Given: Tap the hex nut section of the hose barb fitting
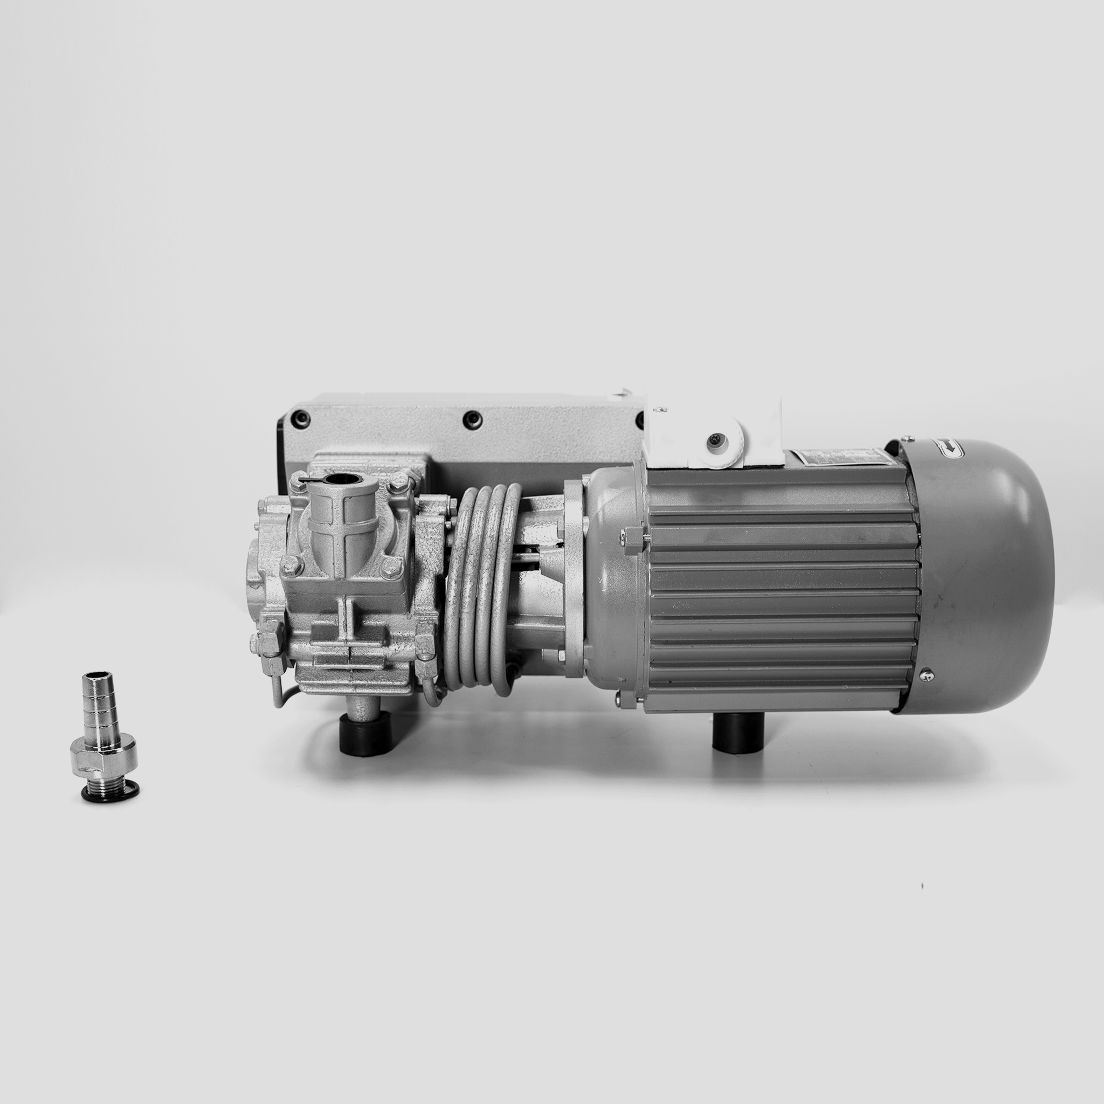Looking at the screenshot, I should coord(104,758).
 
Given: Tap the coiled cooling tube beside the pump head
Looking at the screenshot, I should coord(483,589).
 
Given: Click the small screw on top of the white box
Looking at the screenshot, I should coord(661,408).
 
